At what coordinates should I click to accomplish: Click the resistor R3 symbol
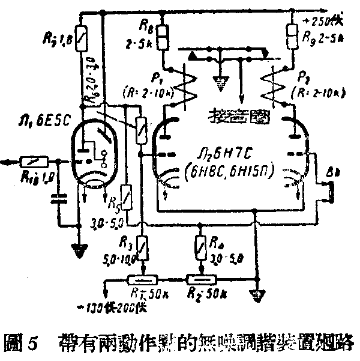(x=142, y=246)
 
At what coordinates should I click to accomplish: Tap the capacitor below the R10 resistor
(x=59, y=198)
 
